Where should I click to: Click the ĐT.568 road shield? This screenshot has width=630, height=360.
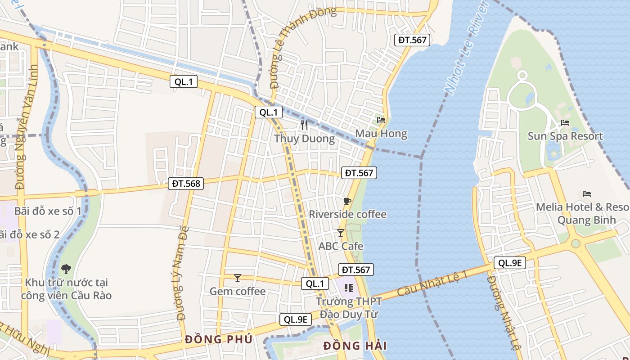pyautogui.click(x=185, y=183)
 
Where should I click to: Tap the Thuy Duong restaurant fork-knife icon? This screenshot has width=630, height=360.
pyautogui.click(x=305, y=125)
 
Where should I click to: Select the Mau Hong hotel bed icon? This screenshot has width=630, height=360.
pyautogui.click(x=381, y=120)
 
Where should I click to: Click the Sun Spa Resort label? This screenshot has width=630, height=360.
pyautogui.click(x=565, y=136)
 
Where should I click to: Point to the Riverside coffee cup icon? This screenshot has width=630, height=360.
pyautogui.click(x=347, y=201)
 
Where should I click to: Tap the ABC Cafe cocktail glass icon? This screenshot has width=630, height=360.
pyautogui.click(x=341, y=233)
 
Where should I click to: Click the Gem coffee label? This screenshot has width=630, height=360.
pyautogui.click(x=238, y=291)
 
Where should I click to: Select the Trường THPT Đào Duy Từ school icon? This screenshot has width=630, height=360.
pyautogui.click(x=348, y=288)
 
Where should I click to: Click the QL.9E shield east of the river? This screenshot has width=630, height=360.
pyautogui.click(x=509, y=263)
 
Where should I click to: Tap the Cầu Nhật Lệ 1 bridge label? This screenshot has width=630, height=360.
pyautogui.click(x=432, y=283)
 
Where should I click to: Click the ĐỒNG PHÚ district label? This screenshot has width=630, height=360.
pyautogui.click(x=218, y=339)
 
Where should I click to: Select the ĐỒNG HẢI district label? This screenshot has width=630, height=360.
pyautogui.click(x=355, y=346)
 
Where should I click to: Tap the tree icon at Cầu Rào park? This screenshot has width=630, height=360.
pyautogui.click(x=66, y=269)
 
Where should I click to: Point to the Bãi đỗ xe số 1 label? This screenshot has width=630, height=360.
pyautogui.click(x=48, y=211)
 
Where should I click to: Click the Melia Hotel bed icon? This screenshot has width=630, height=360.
pyautogui.click(x=586, y=194)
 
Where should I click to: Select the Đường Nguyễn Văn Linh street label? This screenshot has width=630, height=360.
pyautogui.click(x=27, y=127)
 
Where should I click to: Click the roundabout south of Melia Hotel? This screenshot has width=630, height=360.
pyautogui.click(x=576, y=243)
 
